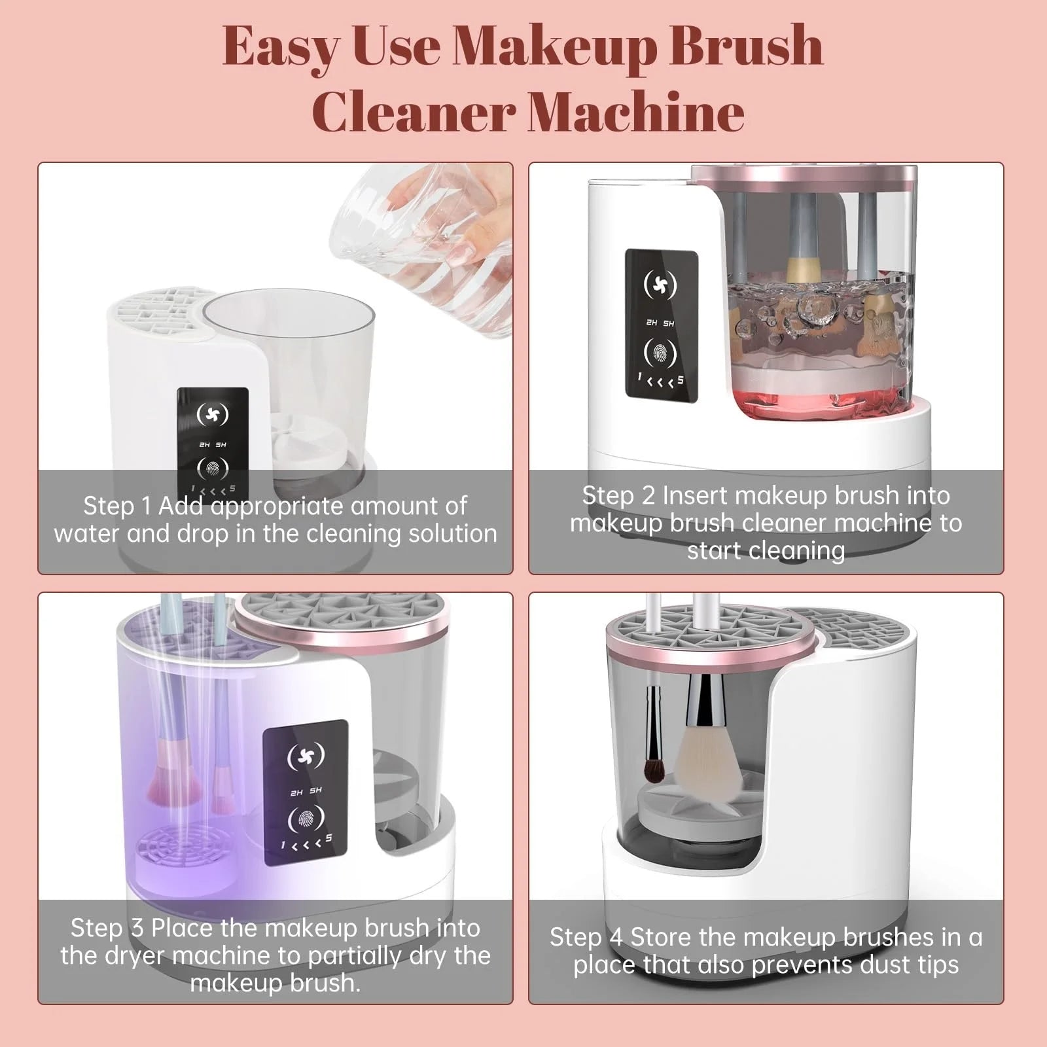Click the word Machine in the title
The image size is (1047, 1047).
[x=635, y=112]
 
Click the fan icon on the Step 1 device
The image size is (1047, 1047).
[x=213, y=414]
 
